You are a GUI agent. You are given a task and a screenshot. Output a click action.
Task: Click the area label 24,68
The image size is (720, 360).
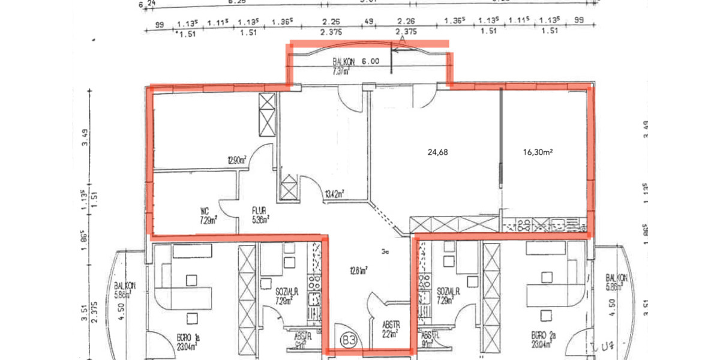(x=437, y=152)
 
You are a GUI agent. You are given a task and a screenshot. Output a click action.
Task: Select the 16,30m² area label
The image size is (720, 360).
(x=538, y=152)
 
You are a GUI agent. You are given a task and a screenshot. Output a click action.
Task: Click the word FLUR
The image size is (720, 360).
(x=259, y=211)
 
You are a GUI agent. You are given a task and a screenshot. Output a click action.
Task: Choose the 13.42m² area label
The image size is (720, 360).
(x=335, y=194)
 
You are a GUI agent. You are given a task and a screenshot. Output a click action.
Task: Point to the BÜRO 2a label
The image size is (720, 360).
(x=542, y=337)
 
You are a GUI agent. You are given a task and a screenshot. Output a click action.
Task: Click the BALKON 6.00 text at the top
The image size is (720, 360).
(x=356, y=61)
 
